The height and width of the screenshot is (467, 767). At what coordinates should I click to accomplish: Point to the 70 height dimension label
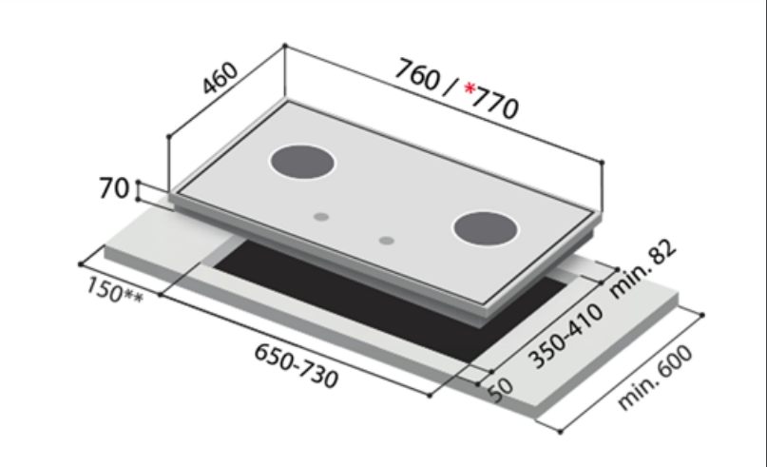point(114,189)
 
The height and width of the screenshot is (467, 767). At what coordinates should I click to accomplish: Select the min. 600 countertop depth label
point(655,379)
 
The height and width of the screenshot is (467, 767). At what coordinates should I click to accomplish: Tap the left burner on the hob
point(302,163)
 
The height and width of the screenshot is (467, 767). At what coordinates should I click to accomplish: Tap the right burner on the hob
point(487,229)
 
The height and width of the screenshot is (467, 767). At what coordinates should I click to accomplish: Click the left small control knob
point(322,217)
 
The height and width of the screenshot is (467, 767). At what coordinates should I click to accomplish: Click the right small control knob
point(385,241)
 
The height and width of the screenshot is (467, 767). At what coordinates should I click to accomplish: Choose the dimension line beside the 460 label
point(226,91)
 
